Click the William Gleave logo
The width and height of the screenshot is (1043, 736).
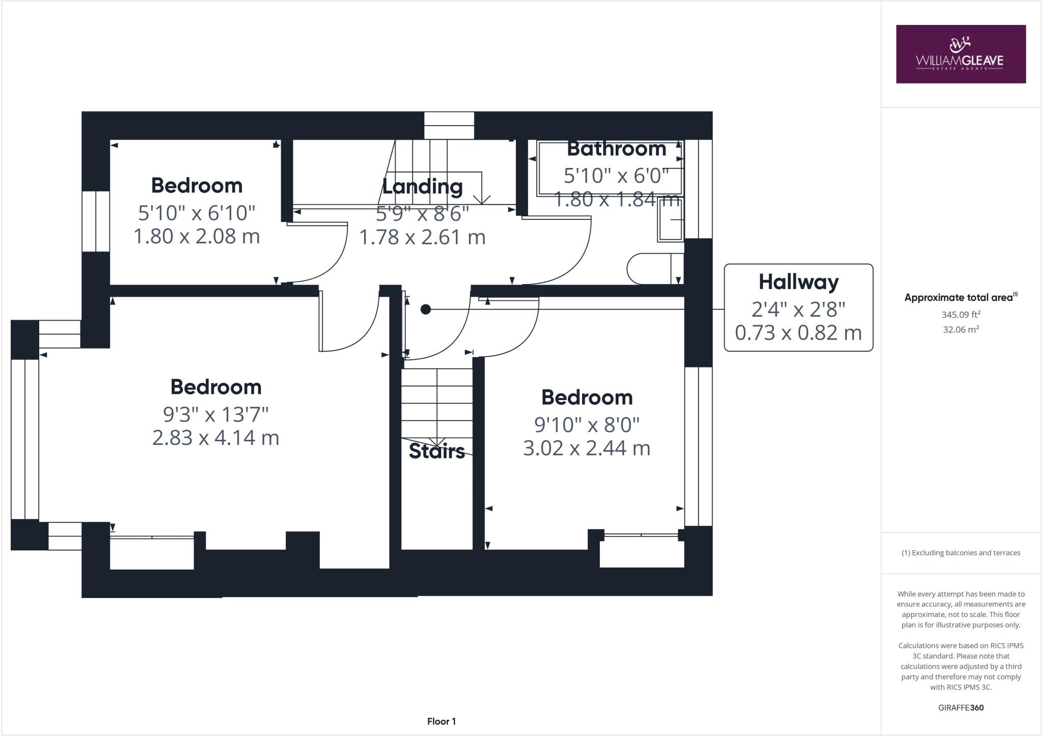[960, 54]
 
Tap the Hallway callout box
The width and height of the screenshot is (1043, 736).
[798, 307]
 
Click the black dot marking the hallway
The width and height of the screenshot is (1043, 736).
[426, 309]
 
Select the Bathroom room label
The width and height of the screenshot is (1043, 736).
[616, 149]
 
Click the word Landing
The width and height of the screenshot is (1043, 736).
[422, 186]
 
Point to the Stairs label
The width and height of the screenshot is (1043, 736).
[436, 451]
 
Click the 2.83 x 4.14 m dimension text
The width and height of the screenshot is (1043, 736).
[215, 438]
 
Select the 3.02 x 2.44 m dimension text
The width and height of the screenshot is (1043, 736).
[587, 448]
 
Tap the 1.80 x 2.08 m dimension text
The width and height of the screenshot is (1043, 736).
[197, 236]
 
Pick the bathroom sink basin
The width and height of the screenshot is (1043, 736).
[670, 219]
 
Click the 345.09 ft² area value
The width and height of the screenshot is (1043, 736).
[960, 315]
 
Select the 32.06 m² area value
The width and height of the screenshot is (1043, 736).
[960, 329]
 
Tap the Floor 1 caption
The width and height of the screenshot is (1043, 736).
[441, 721]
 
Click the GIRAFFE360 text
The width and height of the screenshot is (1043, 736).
[960, 707]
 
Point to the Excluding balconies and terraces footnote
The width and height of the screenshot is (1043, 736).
[960, 553]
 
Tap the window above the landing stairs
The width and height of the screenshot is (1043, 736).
[449, 125]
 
